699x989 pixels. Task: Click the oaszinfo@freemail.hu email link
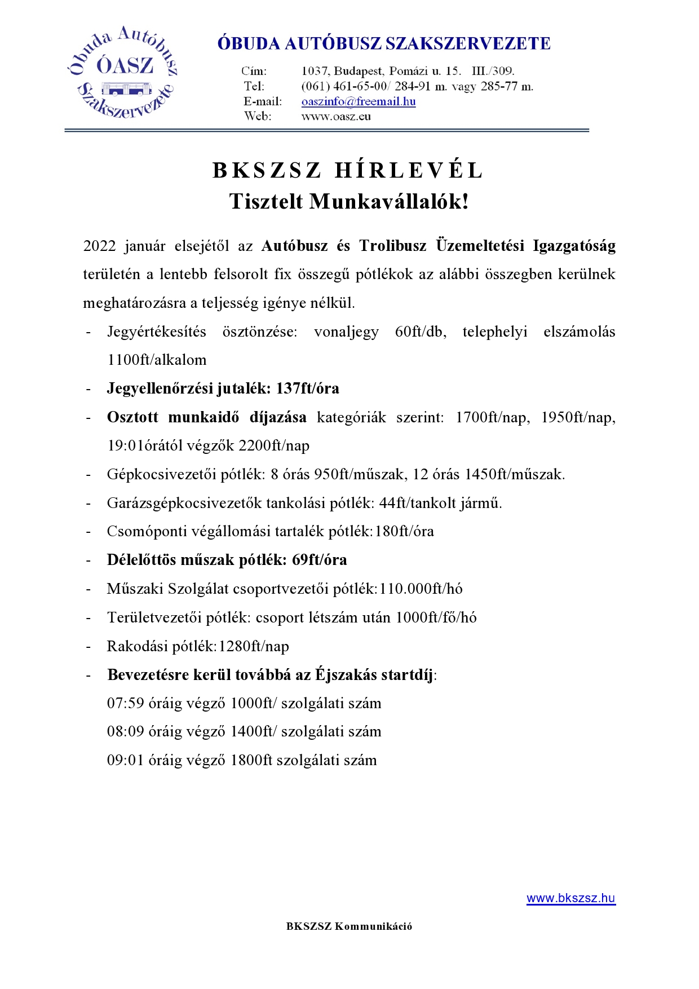tap(359, 102)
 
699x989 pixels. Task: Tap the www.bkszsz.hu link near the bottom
tap(570, 898)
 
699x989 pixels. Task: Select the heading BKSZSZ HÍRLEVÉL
tap(348, 170)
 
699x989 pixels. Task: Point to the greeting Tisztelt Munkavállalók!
tap(349, 201)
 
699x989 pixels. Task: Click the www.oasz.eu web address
tap(336, 117)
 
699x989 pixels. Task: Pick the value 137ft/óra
tap(308, 388)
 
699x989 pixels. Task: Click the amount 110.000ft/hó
tap(421, 589)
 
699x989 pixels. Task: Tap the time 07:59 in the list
tap(125, 704)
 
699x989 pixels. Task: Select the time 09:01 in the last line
tap(125, 761)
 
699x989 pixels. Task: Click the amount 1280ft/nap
tap(254, 646)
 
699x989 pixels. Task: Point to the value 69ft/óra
tap(320, 560)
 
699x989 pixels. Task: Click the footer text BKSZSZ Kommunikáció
tap(349, 926)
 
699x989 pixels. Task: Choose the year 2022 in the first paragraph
tap(99, 246)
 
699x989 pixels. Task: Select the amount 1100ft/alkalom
tap(157, 360)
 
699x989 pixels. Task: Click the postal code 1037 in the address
tap(315, 71)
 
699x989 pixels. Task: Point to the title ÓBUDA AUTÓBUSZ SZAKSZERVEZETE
tap(384, 44)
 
